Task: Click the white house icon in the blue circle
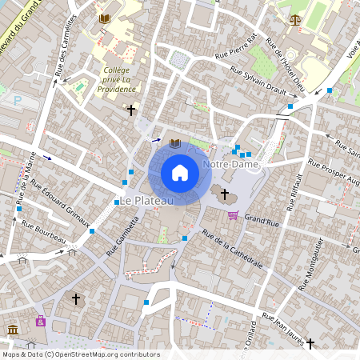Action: tap(179, 172)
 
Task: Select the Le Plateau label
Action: tap(146, 199)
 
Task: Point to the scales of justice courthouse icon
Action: tap(296, 18)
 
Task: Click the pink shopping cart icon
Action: tap(233, 214)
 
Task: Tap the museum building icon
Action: tap(13, 330)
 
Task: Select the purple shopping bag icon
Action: tap(40, 321)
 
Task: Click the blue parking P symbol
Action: tap(18, 102)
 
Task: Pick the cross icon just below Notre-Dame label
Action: tap(225, 194)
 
